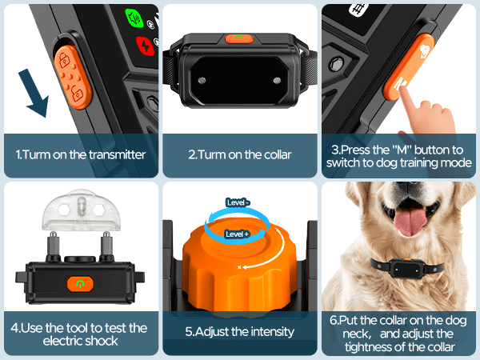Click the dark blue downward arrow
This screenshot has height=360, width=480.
pos(34,93)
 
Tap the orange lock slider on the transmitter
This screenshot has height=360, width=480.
pos(73,77)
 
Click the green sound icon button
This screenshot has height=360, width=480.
pos(134,18)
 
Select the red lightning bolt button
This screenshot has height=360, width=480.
pos(145,46)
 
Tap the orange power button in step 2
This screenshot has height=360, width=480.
pos(239,38)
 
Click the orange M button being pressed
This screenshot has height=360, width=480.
pos(409,66)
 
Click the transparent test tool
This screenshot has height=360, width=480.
pos(81,210)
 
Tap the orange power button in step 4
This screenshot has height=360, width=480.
pos(80,284)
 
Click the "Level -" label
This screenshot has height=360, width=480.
pos(238,202)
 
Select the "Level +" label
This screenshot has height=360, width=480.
pos(238,234)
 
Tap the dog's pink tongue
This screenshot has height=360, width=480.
pos(410,222)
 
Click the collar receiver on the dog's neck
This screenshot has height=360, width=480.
pos(407,269)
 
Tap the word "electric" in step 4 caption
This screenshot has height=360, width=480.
pos(62,341)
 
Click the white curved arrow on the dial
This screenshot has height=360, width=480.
pos(270,251)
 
